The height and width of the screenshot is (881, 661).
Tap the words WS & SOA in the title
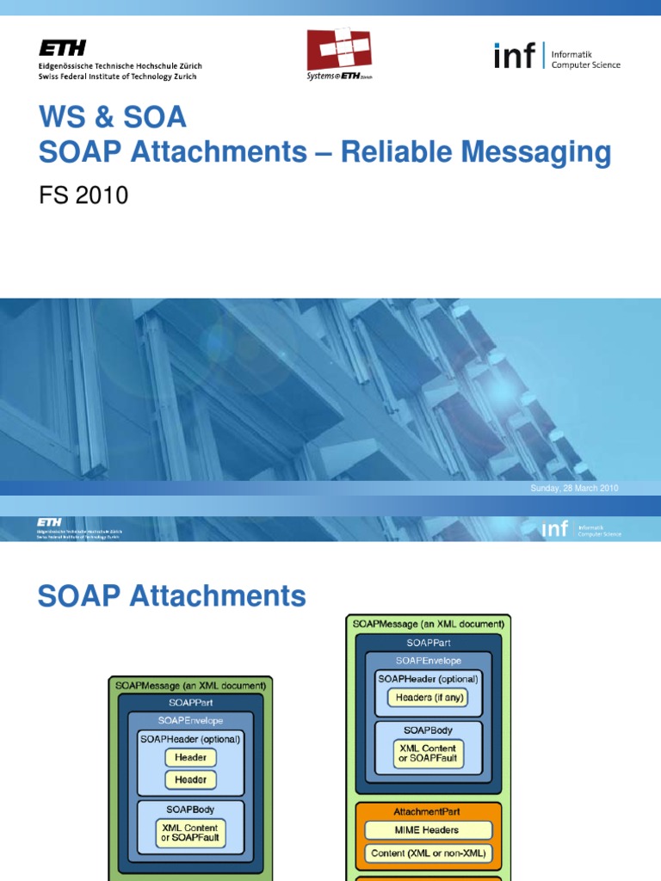[113, 117]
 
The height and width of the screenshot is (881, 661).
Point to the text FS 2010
[83, 195]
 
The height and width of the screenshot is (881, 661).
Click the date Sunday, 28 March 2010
[574, 489]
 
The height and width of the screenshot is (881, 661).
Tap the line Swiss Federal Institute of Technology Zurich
[117, 77]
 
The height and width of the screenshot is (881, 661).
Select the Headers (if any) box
[428, 698]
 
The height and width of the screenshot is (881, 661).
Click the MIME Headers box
[428, 830]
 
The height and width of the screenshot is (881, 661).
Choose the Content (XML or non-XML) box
[428, 853]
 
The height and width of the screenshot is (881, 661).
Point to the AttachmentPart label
[428, 811]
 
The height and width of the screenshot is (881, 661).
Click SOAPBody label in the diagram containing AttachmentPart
[428, 730]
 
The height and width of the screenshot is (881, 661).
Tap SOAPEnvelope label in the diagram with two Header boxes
[190, 719]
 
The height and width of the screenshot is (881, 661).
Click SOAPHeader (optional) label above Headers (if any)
[428, 678]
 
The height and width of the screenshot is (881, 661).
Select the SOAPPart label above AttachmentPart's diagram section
[428, 642]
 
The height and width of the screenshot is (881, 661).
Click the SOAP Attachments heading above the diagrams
[172, 596]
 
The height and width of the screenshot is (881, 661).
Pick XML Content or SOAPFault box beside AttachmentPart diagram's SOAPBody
[428, 755]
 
